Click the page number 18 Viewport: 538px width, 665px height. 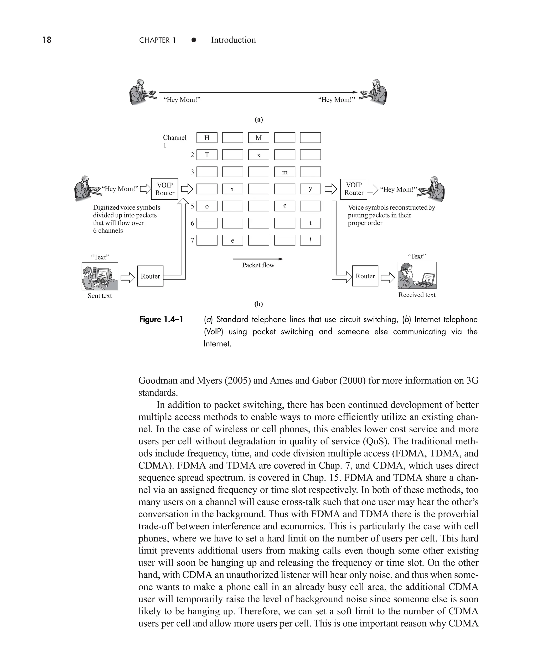[x=47, y=40]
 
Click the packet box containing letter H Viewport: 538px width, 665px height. [x=207, y=138]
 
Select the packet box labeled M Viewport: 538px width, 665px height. [x=258, y=138]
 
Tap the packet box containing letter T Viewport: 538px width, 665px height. [x=207, y=155]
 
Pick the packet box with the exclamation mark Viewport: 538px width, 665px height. [x=310, y=240]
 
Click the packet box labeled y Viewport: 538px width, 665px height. [x=310, y=189]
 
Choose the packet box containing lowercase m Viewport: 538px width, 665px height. [x=284, y=172]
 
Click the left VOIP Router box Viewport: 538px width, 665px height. [x=164, y=189]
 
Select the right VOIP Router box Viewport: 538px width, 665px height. [x=354, y=189]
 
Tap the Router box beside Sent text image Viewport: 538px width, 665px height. [x=150, y=276]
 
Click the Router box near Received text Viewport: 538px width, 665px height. [x=365, y=276]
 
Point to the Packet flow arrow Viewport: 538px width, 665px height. [x=258, y=259]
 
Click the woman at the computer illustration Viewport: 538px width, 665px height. [x=100, y=276]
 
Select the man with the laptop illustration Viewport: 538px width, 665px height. [x=417, y=275]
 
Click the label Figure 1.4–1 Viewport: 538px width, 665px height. [x=161, y=319]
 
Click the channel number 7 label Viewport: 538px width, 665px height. [x=192, y=240]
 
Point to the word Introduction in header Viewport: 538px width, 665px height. [x=233, y=40]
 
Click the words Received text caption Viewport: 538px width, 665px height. [x=417, y=295]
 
